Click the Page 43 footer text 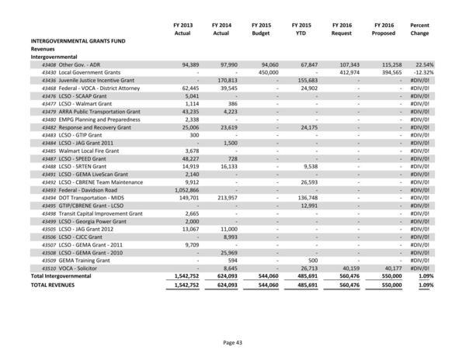[233, 341]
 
